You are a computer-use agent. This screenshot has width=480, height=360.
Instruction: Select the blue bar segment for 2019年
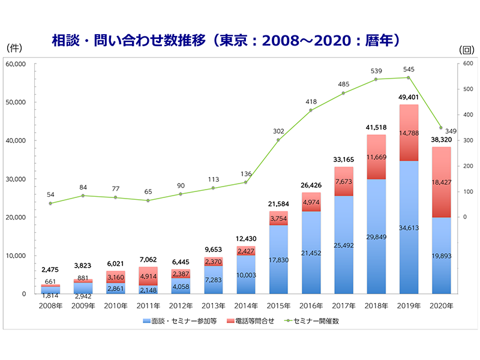coord(409,240)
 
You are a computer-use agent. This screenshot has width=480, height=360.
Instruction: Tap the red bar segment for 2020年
coord(440,182)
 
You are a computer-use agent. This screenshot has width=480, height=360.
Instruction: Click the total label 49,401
coord(409,97)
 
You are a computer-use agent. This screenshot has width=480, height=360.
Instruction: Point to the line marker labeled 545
coord(409,77)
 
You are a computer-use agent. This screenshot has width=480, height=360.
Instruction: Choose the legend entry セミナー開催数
coord(322,321)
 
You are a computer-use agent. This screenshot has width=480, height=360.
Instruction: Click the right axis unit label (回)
coord(466,50)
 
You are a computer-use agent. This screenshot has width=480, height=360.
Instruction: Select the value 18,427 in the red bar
coord(441,181)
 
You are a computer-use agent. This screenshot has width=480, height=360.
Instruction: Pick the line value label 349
coord(451,131)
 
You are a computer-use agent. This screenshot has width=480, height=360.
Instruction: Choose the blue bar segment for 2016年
coord(311,252)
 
